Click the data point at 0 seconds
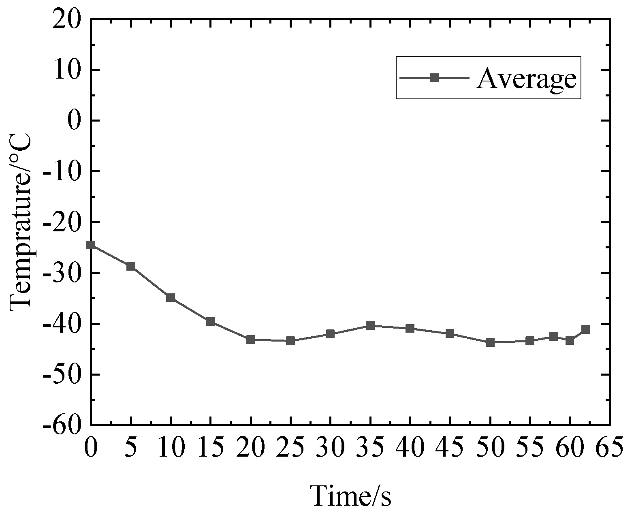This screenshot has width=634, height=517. pyautogui.click(x=91, y=245)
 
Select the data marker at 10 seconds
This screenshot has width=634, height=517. pyautogui.click(x=171, y=297)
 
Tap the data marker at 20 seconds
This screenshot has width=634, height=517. pyautogui.click(x=251, y=339)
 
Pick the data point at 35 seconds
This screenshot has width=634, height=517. pyautogui.click(x=370, y=325)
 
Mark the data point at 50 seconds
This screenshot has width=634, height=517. pyautogui.click(x=490, y=342)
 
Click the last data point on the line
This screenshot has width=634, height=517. pyautogui.click(x=586, y=329)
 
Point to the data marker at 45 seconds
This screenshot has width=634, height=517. pyautogui.click(x=450, y=334)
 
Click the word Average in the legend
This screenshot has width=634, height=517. pyautogui.click(x=526, y=79)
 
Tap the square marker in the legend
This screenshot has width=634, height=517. pyautogui.click(x=434, y=78)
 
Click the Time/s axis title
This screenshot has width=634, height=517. pyautogui.click(x=351, y=495)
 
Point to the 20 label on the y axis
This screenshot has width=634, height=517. pyautogui.click(x=67, y=19)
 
